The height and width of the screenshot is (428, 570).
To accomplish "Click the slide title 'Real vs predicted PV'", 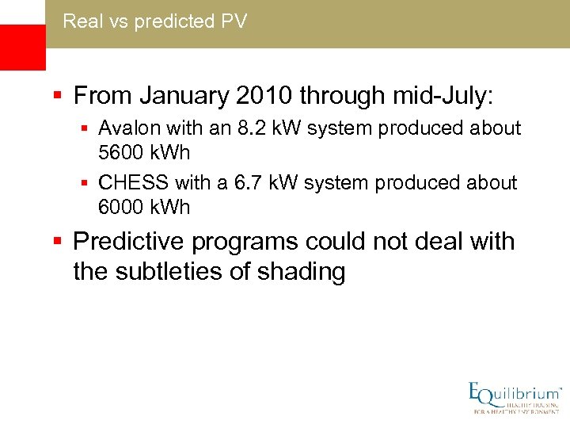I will click(154, 21).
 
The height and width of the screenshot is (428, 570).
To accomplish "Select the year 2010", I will click(265, 97).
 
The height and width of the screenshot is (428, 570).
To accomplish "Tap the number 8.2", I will click(249, 128).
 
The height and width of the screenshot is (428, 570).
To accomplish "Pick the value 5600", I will click(120, 151).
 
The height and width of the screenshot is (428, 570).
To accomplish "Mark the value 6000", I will click(120, 206).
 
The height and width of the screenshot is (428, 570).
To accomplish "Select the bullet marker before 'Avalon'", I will click(86, 128).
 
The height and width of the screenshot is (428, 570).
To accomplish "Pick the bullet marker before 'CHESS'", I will click(86, 184).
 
